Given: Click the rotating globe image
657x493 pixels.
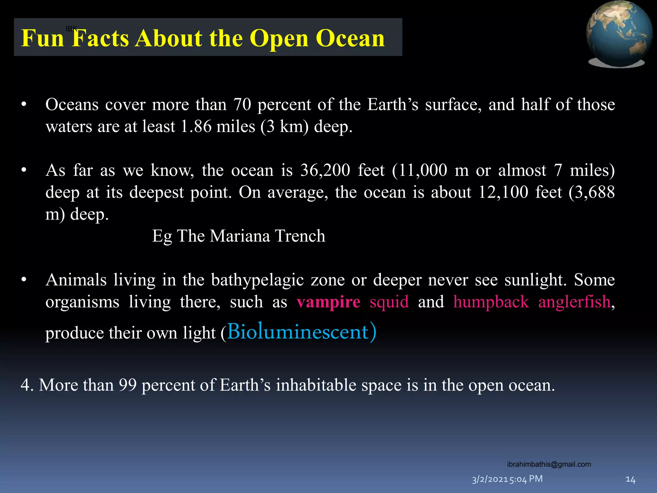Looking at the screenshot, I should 619,34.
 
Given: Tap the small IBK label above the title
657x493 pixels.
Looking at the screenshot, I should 71,29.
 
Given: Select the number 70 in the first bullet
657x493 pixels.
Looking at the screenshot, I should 242,105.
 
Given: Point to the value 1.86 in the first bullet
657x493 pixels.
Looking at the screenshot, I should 196,127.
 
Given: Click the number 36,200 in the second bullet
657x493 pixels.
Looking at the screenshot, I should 325,170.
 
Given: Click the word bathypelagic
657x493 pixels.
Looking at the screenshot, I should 257,280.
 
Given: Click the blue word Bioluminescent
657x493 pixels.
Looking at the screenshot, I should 298,332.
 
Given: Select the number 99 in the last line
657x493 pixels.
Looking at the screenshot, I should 128,385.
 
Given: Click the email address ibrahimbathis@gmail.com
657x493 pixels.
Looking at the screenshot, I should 549,464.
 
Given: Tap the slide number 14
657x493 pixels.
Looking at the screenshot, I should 630,480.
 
